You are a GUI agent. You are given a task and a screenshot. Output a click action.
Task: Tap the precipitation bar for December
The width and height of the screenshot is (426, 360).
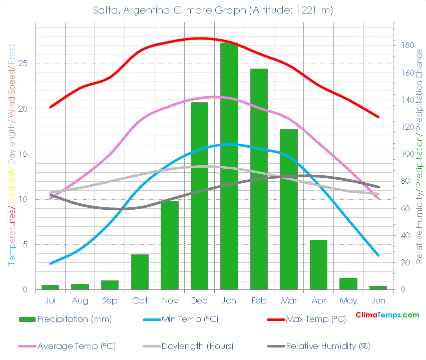[199, 196]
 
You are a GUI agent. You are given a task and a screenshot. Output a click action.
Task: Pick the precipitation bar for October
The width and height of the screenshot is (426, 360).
[140, 272]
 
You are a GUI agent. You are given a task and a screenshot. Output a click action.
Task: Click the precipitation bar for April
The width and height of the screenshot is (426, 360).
[318, 265]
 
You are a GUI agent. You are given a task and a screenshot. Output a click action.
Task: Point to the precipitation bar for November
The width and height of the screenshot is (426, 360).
[170, 245]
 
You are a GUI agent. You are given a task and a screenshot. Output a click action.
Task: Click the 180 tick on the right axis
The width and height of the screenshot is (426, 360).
[408, 45]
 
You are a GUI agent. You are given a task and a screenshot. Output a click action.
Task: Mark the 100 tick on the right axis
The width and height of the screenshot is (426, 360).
[408, 154]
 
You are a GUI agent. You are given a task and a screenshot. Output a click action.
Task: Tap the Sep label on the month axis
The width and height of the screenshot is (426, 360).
[110, 300]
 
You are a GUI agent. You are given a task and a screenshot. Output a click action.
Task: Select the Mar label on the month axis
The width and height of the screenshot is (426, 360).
[288, 300]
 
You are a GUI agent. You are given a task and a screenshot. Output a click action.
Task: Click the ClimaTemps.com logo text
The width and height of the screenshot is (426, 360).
[387, 315]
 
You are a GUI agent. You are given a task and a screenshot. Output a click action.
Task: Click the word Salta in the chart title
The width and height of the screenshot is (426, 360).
[104, 10]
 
